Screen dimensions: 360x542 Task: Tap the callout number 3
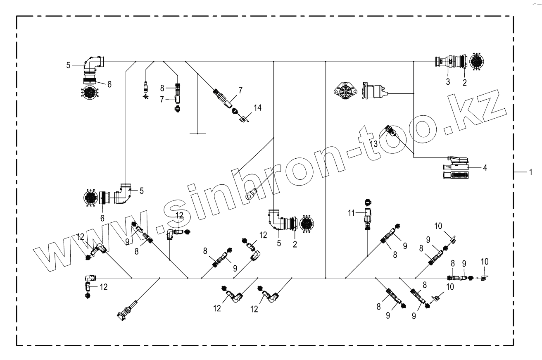pos(447,82)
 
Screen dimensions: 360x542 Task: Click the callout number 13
pos(374,143)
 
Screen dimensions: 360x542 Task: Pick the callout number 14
pos(257,108)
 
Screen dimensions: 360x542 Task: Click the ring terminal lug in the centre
pos(251,193)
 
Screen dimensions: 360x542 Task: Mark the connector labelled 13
pos(390,131)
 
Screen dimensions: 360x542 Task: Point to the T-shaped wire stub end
pos(198,134)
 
